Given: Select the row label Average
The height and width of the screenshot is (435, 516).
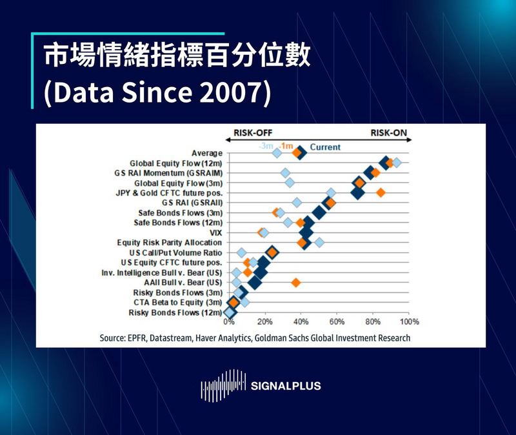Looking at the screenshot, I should coord(207,153).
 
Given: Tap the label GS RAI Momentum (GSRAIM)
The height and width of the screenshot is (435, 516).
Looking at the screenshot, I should coord(168,173).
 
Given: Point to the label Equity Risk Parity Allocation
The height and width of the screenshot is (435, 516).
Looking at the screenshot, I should coord(170,243).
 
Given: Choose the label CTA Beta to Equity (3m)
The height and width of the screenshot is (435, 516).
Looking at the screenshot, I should coord(178,302).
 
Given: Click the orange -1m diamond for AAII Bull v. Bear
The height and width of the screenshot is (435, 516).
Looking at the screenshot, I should coord(296,282).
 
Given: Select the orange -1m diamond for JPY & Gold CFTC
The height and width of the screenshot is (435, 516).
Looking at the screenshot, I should coord(381,192).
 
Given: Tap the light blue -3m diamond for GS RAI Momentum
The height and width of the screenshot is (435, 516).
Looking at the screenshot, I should coord(286,173).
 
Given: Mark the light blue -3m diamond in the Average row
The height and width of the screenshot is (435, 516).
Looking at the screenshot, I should coord(277,153).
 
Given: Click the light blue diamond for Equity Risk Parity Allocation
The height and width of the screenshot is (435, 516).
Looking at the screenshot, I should coord(319,242).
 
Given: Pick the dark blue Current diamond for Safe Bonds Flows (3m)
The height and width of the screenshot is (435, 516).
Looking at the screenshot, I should coord(318,212).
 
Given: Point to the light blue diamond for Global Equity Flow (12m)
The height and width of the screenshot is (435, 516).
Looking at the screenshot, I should coord(396,163).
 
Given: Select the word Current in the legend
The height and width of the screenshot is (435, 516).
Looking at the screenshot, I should coord(325,147).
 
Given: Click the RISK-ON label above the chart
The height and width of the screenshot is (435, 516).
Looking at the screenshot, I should coord(388,134).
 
